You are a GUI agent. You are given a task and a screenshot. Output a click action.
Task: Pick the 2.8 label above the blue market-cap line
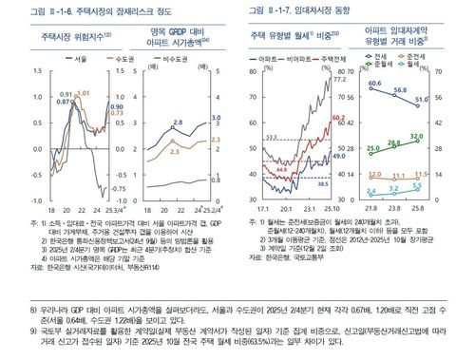point(178,123)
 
